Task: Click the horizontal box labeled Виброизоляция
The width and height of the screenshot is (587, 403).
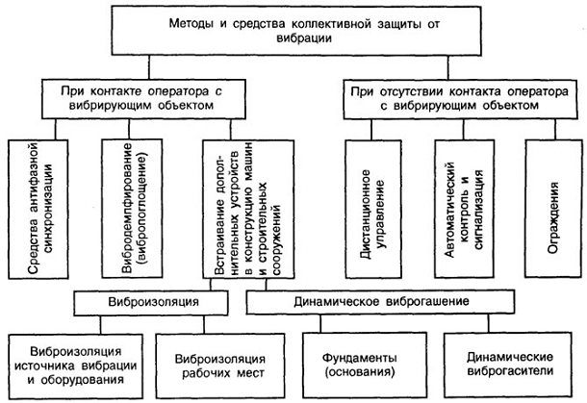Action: click(159, 301)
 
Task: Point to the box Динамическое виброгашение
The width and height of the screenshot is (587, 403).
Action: click(388, 301)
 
